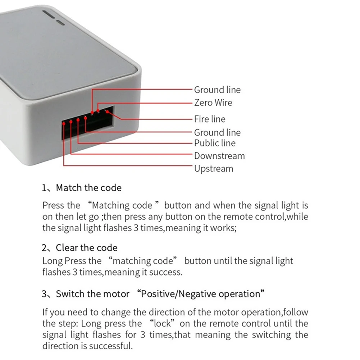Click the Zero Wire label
coord(213,102)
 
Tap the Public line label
coord(215,143)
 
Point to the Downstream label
coord(219,156)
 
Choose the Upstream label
coord(214,169)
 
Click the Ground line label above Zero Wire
coord(217,90)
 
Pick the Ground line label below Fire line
coord(217,132)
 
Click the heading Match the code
coord(88,188)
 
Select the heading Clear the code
coord(86,248)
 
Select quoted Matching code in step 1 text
coord(122,205)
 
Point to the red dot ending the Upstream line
coord(64,123)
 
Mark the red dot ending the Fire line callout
coord(106,111)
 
